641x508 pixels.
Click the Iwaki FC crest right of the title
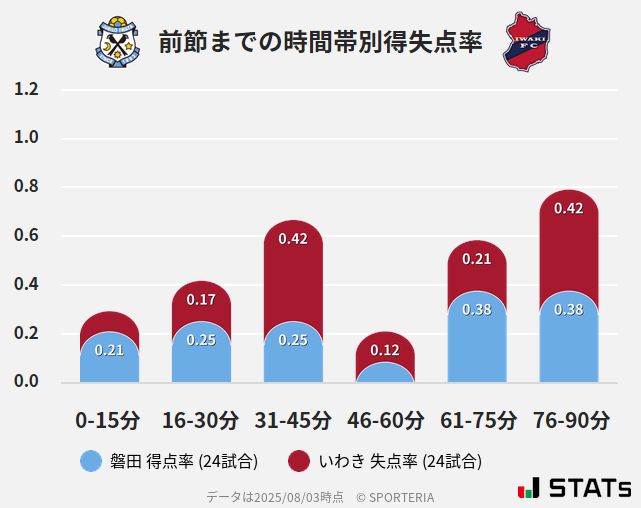526,41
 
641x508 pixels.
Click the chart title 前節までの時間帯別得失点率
320,42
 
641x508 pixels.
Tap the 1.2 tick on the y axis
26,90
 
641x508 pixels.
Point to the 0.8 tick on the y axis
26,187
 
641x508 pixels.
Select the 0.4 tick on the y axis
26,285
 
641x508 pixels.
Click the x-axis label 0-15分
108,420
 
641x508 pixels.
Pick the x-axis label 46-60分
385,420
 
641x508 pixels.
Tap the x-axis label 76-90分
569,420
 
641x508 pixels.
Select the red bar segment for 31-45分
293,270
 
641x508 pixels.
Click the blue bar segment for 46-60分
385,372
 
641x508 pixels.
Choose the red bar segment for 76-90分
568,240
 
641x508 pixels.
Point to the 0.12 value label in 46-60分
385,350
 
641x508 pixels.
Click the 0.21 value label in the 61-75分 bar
477,259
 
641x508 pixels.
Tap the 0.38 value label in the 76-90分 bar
568,310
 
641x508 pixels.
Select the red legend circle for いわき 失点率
298,461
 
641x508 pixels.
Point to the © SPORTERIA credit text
395,496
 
